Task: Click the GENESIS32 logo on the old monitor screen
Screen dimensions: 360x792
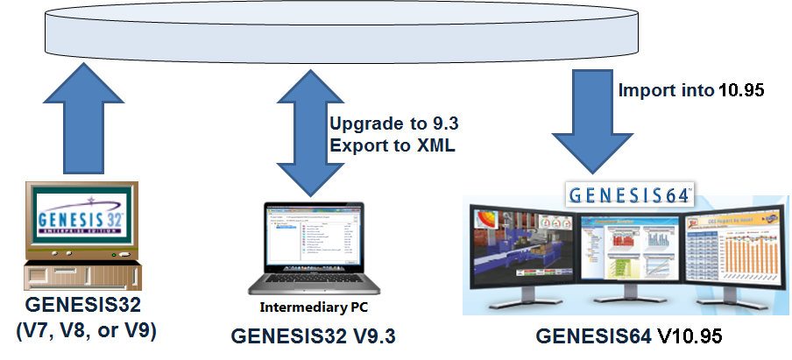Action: click(78, 219)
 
